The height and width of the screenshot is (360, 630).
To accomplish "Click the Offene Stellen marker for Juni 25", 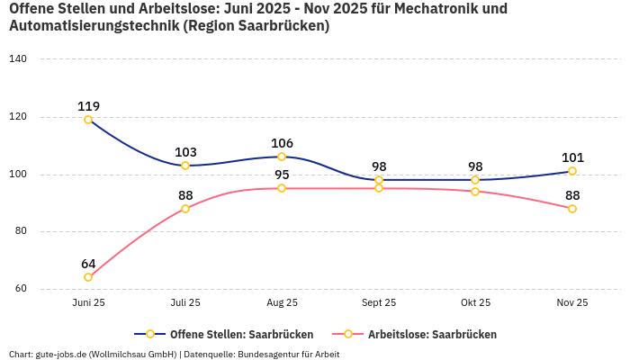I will click(88, 120).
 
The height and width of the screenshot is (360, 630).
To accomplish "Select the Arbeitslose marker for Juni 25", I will click(88, 277).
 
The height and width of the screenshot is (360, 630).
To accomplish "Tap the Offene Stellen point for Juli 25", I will click(185, 166).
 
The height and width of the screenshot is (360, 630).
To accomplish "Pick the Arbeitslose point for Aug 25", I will click(282, 188).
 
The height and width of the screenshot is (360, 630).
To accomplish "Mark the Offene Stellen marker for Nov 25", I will click(572, 171).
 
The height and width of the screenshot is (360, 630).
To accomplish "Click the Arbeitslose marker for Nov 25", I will click(572, 209).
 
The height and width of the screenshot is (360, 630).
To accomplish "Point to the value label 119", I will click(88, 106).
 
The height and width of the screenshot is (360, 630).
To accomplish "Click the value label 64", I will click(88, 264).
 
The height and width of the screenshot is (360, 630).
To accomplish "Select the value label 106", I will click(282, 143).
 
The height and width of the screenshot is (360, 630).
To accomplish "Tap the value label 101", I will click(572, 157).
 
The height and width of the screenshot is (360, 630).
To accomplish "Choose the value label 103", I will click(185, 152).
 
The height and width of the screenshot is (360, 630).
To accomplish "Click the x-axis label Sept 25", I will click(379, 302).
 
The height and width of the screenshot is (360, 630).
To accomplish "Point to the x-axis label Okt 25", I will click(475, 302).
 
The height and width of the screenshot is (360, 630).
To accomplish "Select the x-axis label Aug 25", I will click(282, 302).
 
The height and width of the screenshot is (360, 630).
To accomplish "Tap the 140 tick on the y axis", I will click(18, 58).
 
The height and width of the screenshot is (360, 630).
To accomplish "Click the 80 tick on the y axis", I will click(21, 231).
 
